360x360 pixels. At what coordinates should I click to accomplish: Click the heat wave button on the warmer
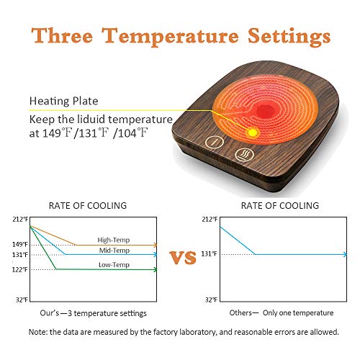243,153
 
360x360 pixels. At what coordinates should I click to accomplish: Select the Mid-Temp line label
114,251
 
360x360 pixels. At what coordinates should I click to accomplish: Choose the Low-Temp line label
114,265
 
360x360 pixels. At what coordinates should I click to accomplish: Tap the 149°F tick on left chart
19,244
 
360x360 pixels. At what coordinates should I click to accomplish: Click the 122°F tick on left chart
19,270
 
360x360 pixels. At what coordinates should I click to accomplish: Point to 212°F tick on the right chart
209,219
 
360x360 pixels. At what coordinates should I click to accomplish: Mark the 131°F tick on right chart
209,254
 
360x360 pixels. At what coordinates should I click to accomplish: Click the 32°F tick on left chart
22,299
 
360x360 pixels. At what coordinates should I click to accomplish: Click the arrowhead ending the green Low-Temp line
155,270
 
